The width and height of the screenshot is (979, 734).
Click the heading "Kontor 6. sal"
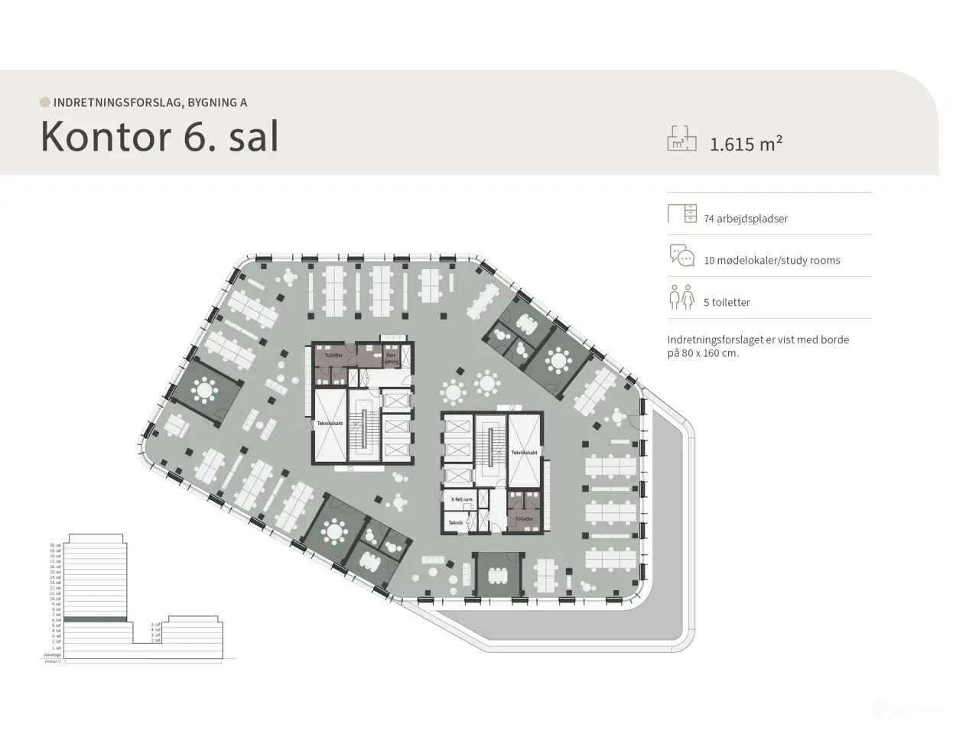(159, 136)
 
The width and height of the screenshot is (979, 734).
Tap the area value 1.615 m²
(746, 144)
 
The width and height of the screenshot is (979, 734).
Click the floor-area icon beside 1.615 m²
(681, 138)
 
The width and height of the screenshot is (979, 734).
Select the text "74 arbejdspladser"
(746, 219)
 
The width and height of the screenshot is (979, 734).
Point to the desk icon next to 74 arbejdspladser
(681, 213)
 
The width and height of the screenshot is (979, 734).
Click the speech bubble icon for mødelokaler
(681, 255)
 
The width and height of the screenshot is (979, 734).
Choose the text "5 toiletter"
(727, 303)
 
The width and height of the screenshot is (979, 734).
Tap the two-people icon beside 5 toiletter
(681, 297)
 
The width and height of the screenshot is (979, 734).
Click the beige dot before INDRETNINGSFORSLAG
(45, 102)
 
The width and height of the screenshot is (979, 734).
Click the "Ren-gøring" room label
(391, 358)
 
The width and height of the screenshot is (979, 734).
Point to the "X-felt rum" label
(462, 499)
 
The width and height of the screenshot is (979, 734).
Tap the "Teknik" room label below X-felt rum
(456, 523)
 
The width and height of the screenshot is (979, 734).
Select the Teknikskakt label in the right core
(525, 453)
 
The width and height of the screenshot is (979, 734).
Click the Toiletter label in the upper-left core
(333, 356)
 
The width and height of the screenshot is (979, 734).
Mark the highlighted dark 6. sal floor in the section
(95, 619)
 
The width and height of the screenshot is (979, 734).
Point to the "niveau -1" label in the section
(53, 661)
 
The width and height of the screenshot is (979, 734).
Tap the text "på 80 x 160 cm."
(703, 353)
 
